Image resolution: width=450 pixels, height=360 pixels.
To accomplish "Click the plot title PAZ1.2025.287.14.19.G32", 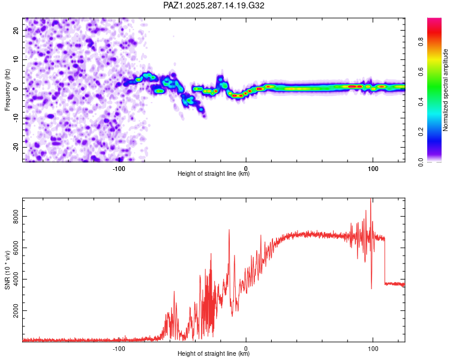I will click(x=214, y=5).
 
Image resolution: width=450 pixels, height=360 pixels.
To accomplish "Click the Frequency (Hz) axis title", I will click(x=8, y=89).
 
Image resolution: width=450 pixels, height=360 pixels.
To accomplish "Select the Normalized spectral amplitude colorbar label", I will click(x=446, y=90).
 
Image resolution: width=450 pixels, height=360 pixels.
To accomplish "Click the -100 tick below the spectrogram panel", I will click(x=119, y=168).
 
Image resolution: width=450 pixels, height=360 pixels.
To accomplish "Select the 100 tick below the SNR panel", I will click(x=373, y=348).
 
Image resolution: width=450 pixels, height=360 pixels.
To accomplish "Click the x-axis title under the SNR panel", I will click(x=214, y=354).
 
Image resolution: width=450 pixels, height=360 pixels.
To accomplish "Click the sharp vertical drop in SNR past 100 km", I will click(x=385, y=261).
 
